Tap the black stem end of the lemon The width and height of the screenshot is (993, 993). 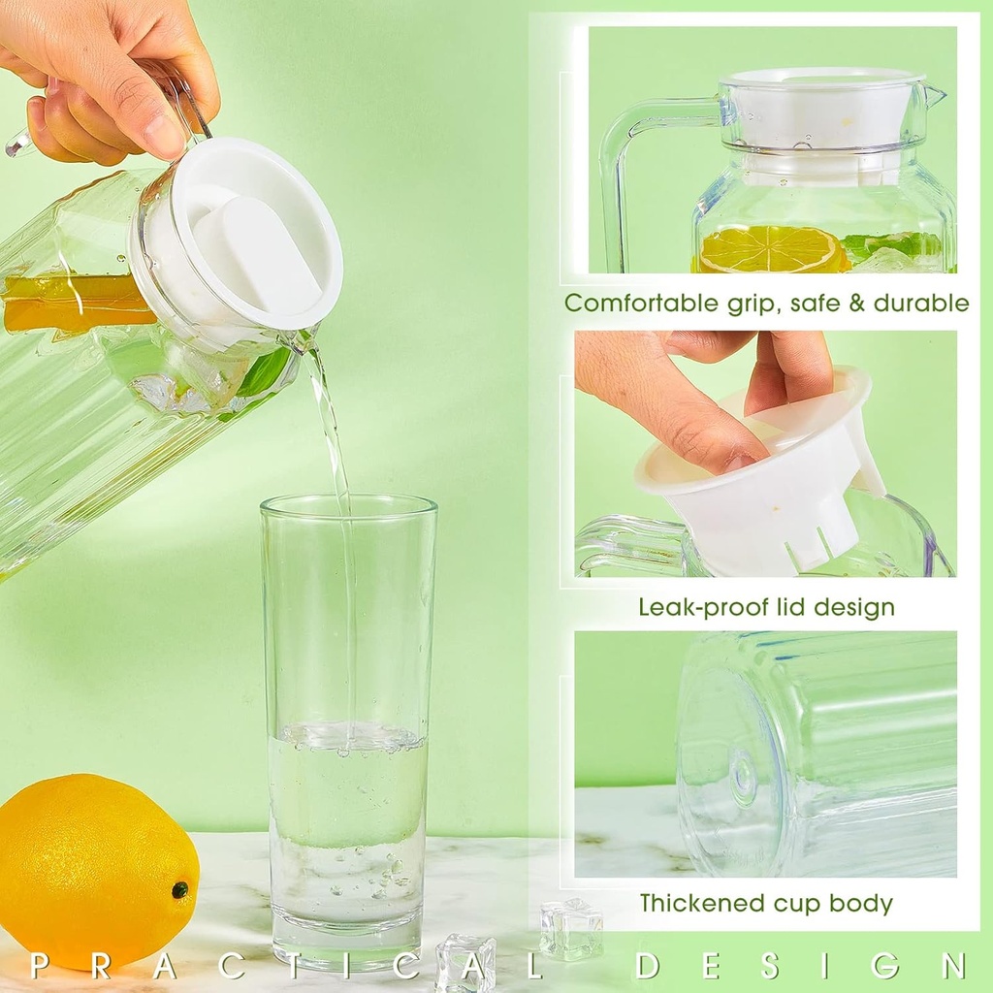pyautogui.click(x=179, y=889)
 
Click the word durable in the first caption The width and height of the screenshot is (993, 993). pyautogui.click(x=921, y=304)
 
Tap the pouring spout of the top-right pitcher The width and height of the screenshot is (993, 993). pyautogui.click(x=935, y=95)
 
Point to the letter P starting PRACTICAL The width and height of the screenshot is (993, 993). pyautogui.click(x=39, y=966)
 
